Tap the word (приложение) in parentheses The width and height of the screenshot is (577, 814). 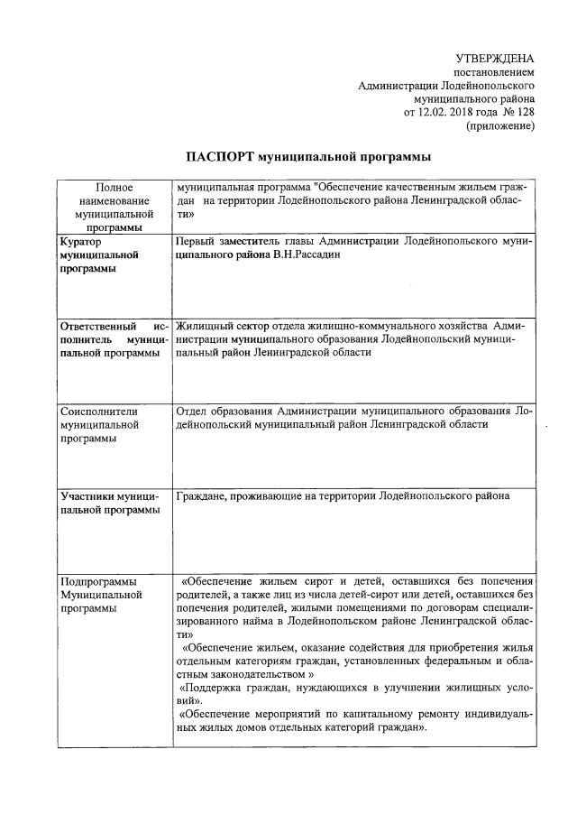click(501, 126)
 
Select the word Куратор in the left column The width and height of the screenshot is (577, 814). click(80, 242)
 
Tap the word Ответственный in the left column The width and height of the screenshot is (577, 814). click(97, 324)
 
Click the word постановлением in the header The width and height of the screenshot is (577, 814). click(494, 71)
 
